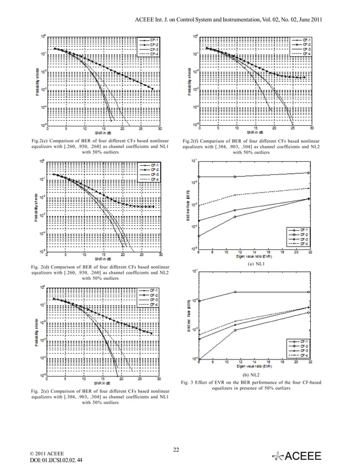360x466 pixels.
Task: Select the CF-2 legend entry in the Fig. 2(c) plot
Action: click(x=148, y=43)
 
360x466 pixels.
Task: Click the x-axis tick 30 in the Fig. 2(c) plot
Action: click(x=160, y=129)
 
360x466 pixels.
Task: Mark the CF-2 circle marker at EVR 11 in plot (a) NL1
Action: click(x=235, y=177)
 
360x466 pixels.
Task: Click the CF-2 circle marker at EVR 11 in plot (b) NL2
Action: click(x=235, y=292)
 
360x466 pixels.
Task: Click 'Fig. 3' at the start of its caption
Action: click(x=188, y=383)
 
